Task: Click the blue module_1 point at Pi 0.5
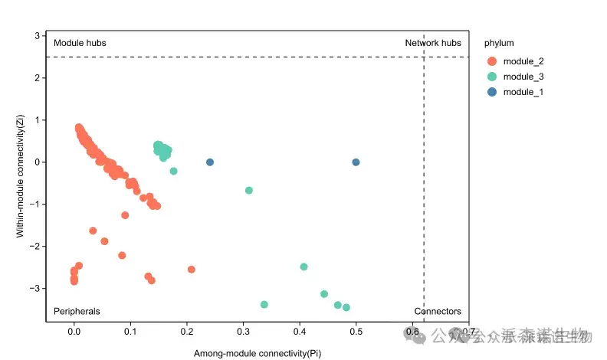tap(356, 162)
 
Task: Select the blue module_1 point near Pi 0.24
tap(210, 162)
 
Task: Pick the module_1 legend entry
tap(523, 92)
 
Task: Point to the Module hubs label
tap(80, 43)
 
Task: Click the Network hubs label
tap(433, 43)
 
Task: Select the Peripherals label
tap(77, 311)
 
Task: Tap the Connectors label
tap(438, 311)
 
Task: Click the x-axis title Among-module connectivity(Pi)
tap(258, 353)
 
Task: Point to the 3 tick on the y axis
tap(37, 35)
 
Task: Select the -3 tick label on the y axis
tap(35, 288)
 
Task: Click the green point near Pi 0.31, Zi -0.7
tap(248, 190)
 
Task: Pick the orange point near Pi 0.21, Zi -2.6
tap(191, 269)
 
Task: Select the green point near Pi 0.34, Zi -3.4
tap(264, 304)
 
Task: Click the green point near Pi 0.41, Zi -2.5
tap(303, 267)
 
